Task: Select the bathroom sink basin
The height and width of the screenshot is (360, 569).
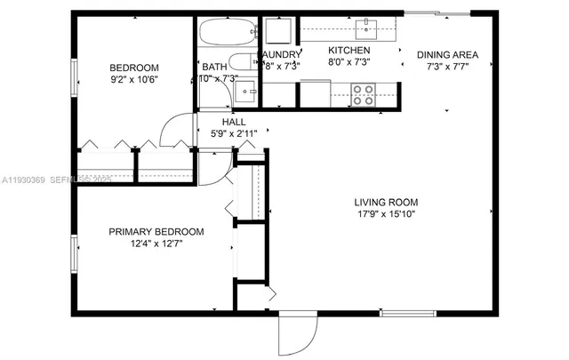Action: (x=250, y=90)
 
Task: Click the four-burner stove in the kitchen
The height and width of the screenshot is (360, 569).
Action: (x=363, y=93)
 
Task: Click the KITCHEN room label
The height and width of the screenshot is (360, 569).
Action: (x=349, y=51)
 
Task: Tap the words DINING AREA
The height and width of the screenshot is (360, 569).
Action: (x=447, y=55)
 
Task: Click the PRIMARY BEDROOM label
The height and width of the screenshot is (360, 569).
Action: (x=156, y=232)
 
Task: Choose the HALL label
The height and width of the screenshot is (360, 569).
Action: (x=234, y=122)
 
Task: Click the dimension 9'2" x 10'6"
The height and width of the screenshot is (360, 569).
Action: (x=133, y=81)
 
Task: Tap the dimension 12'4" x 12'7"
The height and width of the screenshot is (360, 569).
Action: (x=156, y=244)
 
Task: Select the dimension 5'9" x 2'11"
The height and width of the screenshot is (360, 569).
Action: (x=234, y=134)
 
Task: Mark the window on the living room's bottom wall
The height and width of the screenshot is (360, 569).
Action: (x=407, y=314)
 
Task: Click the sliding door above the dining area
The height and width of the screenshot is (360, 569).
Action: (x=437, y=12)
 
